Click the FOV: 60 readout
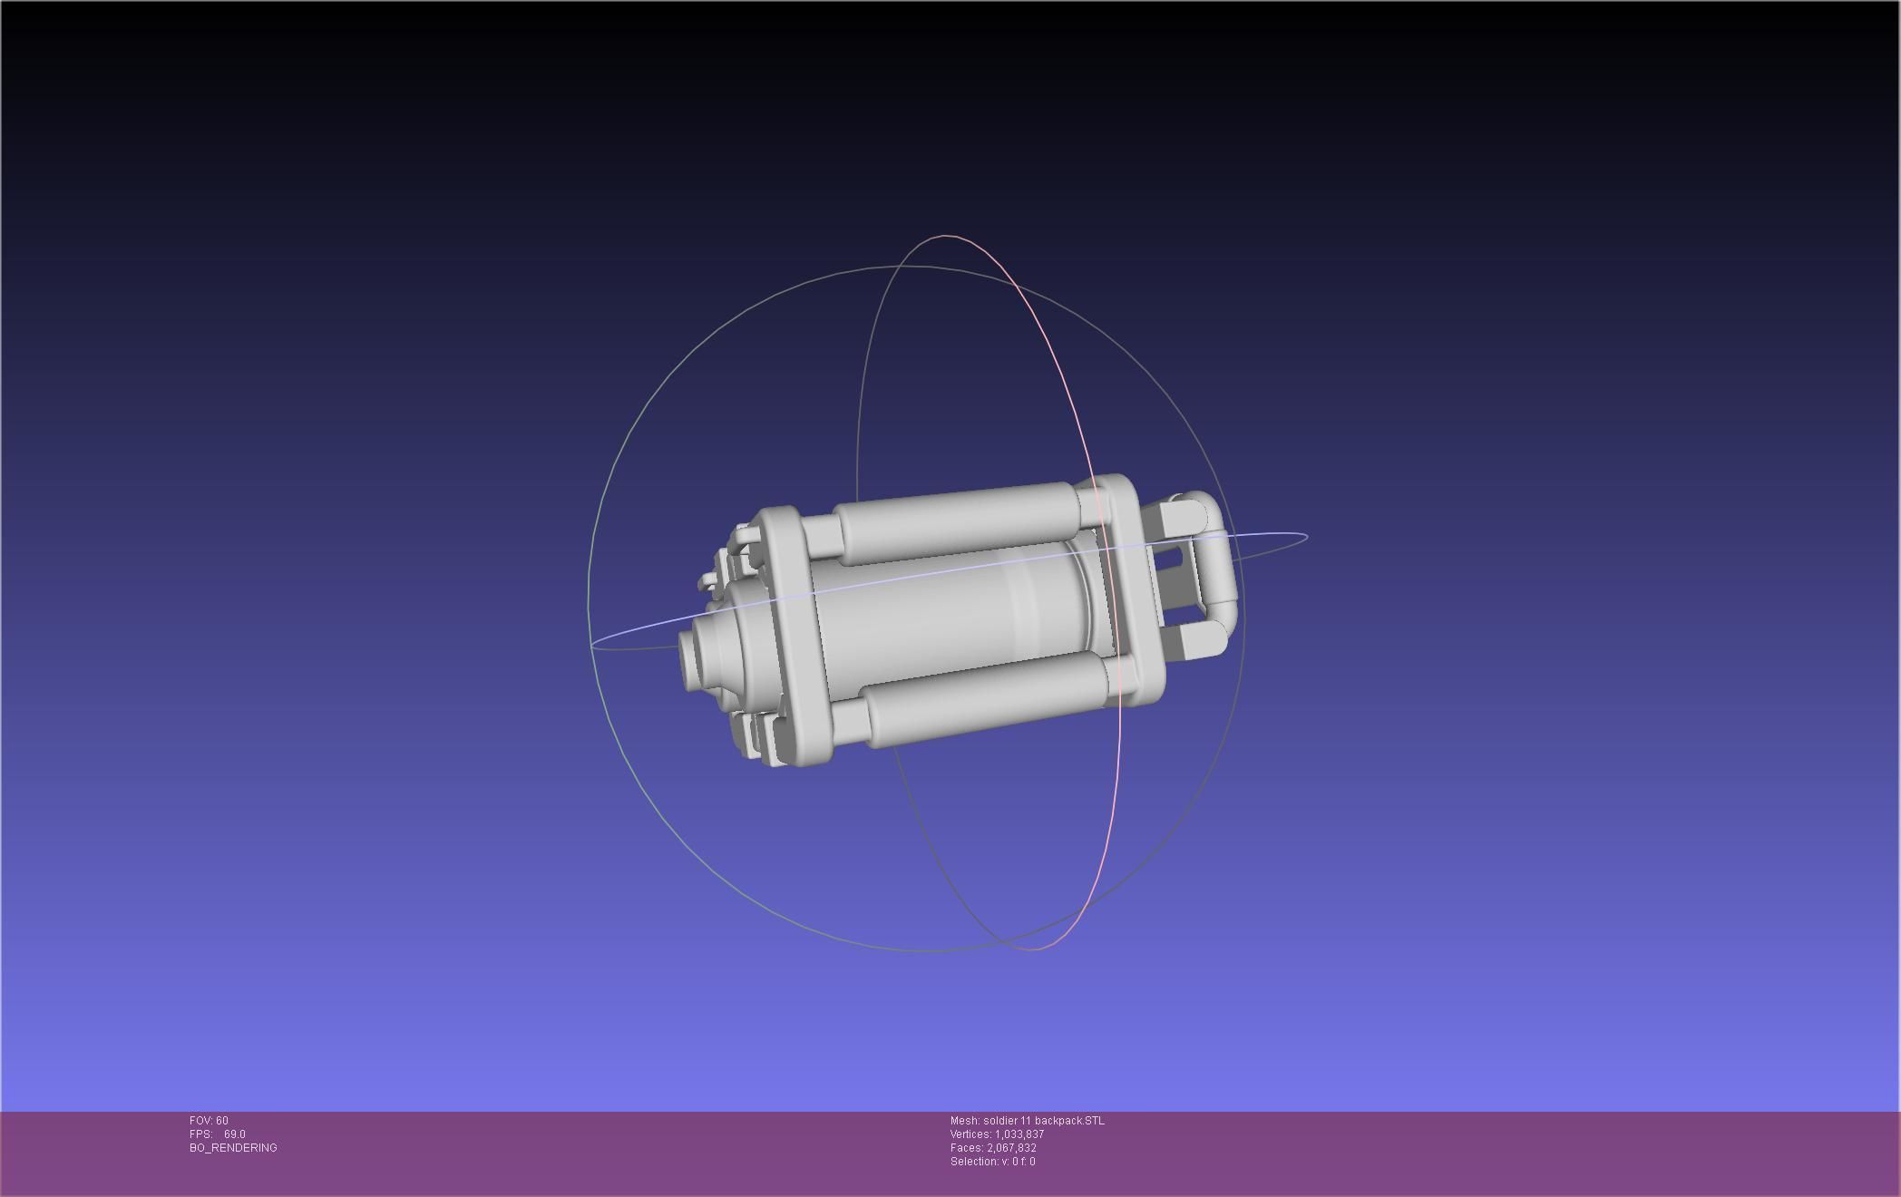click(x=209, y=1121)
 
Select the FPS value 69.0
click(x=235, y=1134)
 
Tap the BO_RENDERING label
click(x=233, y=1148)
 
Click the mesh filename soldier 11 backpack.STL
click(x=1028, y=1121)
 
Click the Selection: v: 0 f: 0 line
click(x=992, y=1162)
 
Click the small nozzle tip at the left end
click(x=688, y=657)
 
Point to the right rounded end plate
click(x=1138, y=589)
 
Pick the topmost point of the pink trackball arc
click(x=948, y=236)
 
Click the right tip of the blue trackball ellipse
click(x=1307, y=536)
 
